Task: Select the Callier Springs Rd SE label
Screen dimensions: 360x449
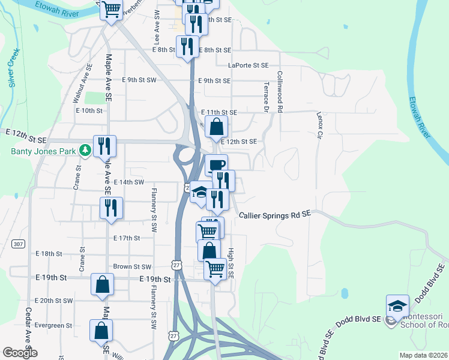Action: click(x=275, y=214)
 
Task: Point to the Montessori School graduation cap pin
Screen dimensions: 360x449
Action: click(x=397, y=306)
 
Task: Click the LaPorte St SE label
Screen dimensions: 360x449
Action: click(x=248, y=65)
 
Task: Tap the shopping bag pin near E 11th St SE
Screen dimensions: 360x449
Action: click(x=216, y=127)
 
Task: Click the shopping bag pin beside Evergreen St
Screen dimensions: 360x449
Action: click(x=101, y=330)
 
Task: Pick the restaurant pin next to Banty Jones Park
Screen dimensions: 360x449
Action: click(x=105, y=145)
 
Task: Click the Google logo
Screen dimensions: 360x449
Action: click(x=20, y=353)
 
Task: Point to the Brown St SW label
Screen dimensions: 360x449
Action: click(x=132, y=266)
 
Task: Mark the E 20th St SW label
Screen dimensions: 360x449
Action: click(x=54, y=301)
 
